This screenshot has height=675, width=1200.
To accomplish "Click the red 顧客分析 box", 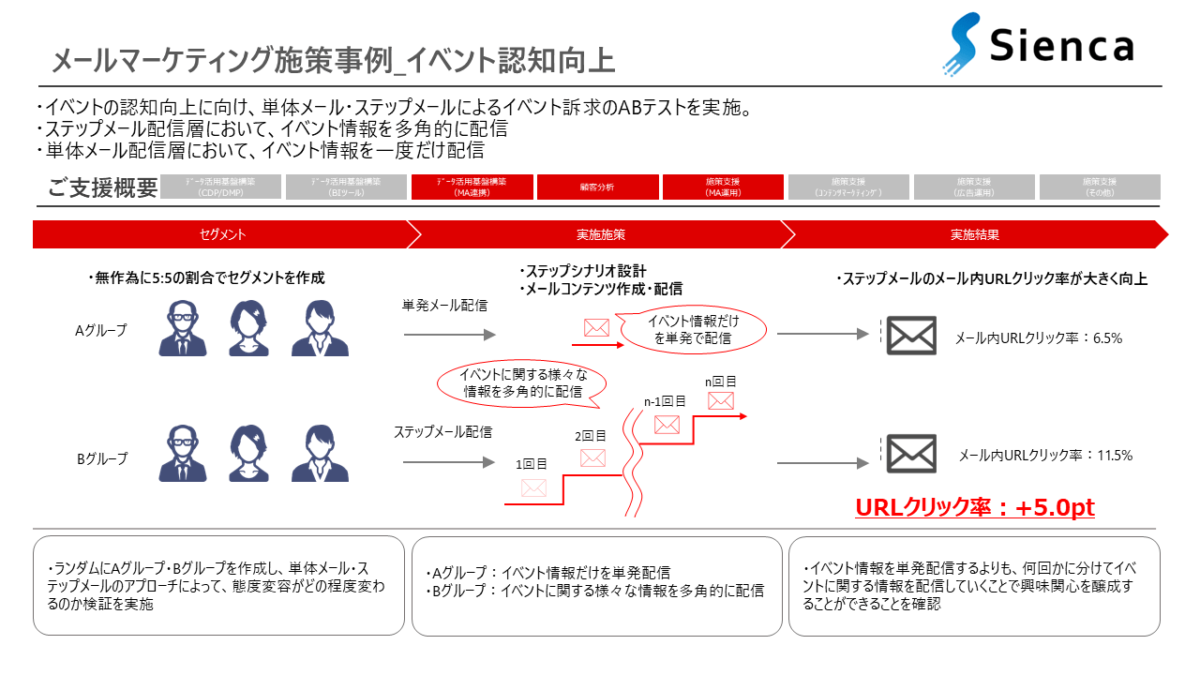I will [x=597, y=187].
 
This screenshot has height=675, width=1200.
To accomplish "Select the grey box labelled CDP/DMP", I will [x=220, y=187].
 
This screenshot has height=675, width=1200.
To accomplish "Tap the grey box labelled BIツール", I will [x=346, y=187].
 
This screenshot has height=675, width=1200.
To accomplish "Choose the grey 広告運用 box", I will [x=974, y=187].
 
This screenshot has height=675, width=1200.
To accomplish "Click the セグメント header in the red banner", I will [x=222, y=234].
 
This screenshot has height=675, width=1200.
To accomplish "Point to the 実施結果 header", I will [x=974, y=234].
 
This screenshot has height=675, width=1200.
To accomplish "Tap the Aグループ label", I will [x=101, y=330].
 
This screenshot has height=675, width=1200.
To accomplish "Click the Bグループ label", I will [x=101, y=459].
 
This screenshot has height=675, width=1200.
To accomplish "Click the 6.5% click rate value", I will [x=1107, y=338].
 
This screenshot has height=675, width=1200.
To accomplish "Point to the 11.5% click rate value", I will [x=1115, y=456].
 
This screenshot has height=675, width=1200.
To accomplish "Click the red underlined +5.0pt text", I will [x=975, y=507].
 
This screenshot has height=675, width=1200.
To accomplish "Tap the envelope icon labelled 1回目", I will [x=533, y=487].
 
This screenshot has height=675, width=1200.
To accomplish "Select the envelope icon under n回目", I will [x=720, y=401].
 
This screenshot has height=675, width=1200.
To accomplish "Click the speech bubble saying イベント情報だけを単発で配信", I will [x=693, y=330].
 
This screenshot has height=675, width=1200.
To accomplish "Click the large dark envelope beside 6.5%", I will [x=911, y=335].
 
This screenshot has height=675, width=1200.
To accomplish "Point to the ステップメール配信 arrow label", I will [x=442, y=432].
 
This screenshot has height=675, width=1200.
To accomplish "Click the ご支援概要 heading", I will [x=102, y=187].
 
